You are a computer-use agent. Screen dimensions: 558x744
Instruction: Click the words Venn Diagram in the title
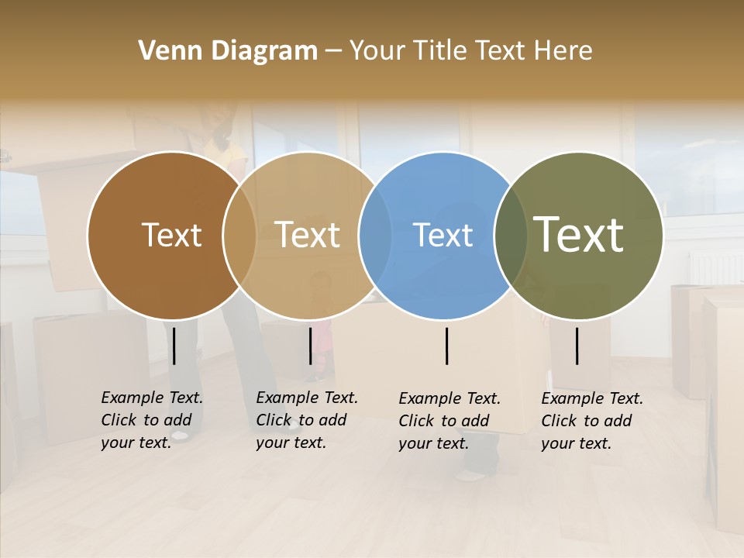point(228,51)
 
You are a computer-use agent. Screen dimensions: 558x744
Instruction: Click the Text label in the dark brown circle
point(171,235)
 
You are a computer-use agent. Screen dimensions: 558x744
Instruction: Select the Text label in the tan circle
point(308,235)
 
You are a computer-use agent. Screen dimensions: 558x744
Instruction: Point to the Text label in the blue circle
point(443,235)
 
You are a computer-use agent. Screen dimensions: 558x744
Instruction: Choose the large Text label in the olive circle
point(579,235)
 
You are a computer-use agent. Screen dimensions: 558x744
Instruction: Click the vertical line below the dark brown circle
point(174,346)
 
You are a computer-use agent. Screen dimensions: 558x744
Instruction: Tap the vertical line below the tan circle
point(310,346)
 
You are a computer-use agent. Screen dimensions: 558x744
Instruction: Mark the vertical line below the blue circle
point(447,346)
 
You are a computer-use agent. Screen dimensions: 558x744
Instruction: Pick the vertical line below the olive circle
point(577,346)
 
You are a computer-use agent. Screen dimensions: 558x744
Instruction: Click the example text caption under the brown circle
point(151,420)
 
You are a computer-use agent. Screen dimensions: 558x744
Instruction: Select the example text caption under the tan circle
point(306,420)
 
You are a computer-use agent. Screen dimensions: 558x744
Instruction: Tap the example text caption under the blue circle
point(449,421)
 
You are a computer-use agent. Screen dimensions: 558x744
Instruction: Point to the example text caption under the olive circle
point(591,421)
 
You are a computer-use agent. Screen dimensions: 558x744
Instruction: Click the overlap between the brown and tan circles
point(239,236)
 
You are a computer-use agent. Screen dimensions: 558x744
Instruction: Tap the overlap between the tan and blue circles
point(375,236)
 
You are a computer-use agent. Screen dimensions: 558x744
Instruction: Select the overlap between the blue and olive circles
point(511,236)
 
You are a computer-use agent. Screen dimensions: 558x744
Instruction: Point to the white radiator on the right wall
point(715,267)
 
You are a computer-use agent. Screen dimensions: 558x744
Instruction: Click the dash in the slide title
point(333,52)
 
